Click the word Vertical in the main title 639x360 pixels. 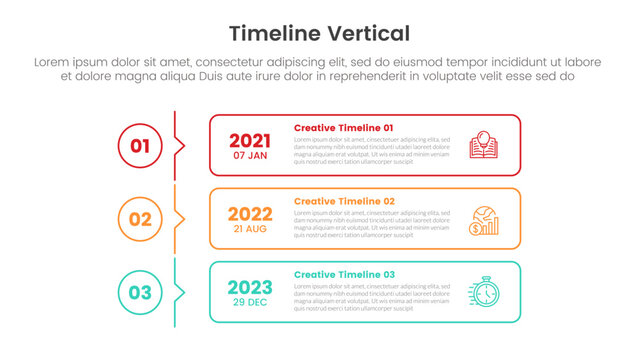point(371,33)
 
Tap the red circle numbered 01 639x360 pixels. point(140,146)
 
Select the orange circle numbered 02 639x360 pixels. point(140,219)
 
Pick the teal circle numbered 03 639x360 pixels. point(140,292)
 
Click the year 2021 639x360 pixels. point(250,141)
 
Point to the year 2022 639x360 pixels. point(250,214)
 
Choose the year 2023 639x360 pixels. point(250,287)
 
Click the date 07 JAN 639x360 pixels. point(250,156)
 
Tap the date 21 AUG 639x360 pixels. point(250,229)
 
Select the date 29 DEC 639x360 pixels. point(250,302)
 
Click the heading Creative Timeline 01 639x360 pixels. point(344,128)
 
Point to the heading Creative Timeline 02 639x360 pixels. point(344,201)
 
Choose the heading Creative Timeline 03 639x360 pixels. point(344,274)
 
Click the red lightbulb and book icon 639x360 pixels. point(484,145)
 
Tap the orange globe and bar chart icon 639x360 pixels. point(484,219)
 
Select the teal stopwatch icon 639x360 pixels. point(484,292)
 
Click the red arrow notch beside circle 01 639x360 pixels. point(180,146)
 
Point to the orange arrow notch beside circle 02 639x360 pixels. point(180,219)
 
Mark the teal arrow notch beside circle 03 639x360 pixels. point(180,292)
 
